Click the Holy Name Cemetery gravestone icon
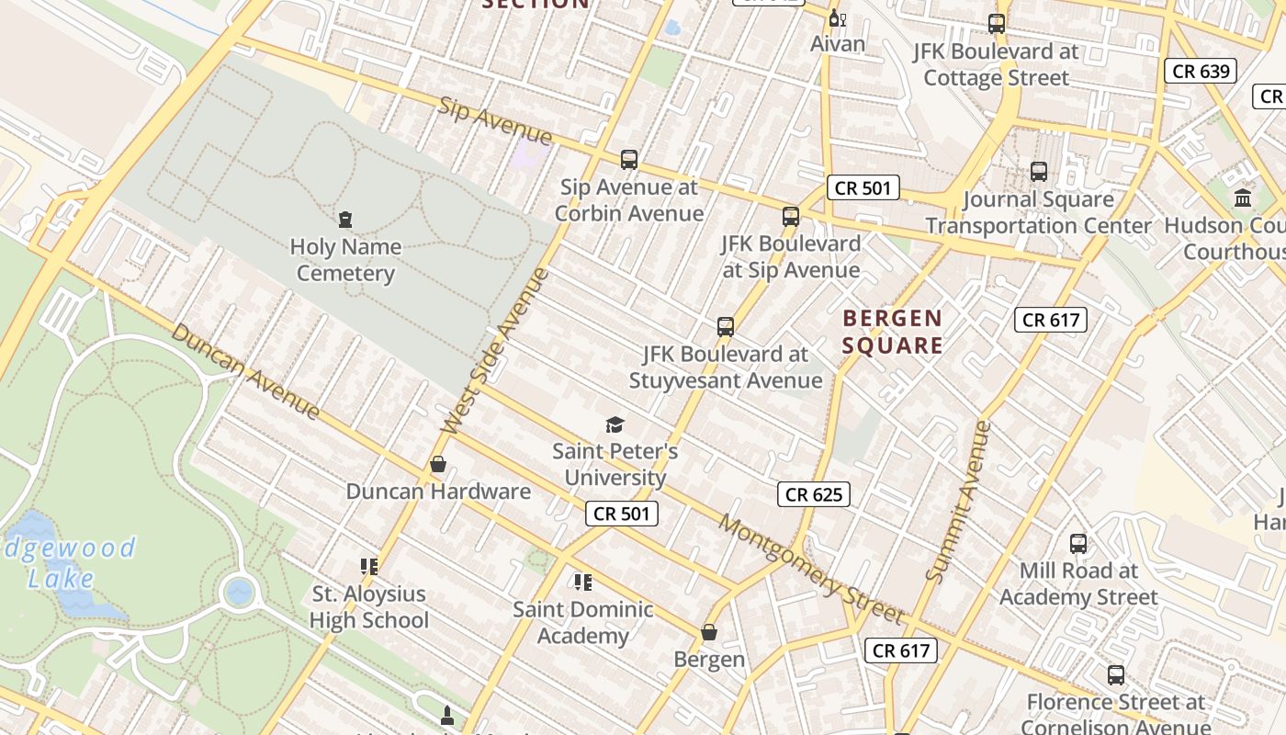(345, 220)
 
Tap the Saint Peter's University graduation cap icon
(615, 424)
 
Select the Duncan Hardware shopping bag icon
(438, 465)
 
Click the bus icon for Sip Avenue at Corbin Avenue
(629, 160)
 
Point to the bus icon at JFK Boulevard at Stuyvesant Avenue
(726, 327)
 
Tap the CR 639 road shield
(1201, 71)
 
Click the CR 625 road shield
(814, 494)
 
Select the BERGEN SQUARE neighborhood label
(892, 332)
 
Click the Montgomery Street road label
(811, 569)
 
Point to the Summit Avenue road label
(959, 502)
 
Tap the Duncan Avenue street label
(245, 371)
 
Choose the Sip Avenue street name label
(495, 121)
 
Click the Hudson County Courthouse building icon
(1243, 198)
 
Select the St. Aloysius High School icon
(369, 567)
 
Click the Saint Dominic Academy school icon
(583, 582)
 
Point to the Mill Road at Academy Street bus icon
(1078, 544)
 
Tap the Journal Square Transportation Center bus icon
(1039, 172)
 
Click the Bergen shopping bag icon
(709, 632)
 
